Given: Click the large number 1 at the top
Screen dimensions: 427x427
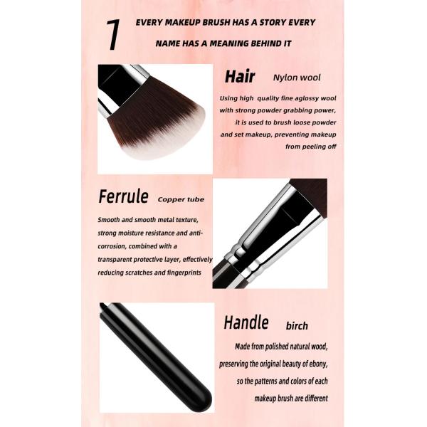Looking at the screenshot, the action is click(x=113, y=35).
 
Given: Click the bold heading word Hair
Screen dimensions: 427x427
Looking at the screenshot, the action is click(x=240, y=77).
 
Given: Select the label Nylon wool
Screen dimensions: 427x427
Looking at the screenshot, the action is click(x=297, y=78).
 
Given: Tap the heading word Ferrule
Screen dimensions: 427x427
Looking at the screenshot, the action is click(x=123, y=196).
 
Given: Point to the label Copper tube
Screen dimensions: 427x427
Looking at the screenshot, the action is click(x=181, y=199).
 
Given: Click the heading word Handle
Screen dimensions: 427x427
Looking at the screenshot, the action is click(x=246, y=322).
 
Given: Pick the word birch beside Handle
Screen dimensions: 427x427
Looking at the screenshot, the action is click(x=297, y=326).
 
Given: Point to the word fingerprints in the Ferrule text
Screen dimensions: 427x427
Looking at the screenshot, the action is click(x=184, y=273).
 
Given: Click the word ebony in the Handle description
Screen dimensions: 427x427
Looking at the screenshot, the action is click(x=317, y=364).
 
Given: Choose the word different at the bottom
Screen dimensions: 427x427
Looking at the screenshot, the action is click(x=317, y=399).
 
